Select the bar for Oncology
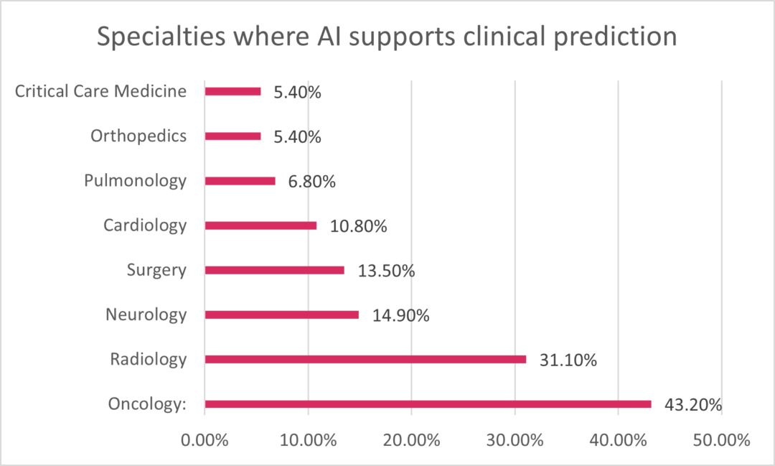tap(428, 404)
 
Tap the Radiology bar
tap(365, 359)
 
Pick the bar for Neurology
tap(281, 314)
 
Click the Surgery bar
tap(274, 270)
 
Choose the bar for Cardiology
tap(260, 225)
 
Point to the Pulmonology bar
tap(240, 181)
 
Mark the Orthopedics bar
tap(232, 136)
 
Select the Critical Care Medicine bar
tap(232, 91)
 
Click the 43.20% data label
tap(692, 405)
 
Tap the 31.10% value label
tap(568, 360)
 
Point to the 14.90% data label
tap(400, 315)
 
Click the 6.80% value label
tap(311, 182)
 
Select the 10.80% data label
tap(359, 226)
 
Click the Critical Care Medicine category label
tap(100, 91)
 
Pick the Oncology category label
tap(147, 404)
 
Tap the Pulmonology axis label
tap(135, 181)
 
